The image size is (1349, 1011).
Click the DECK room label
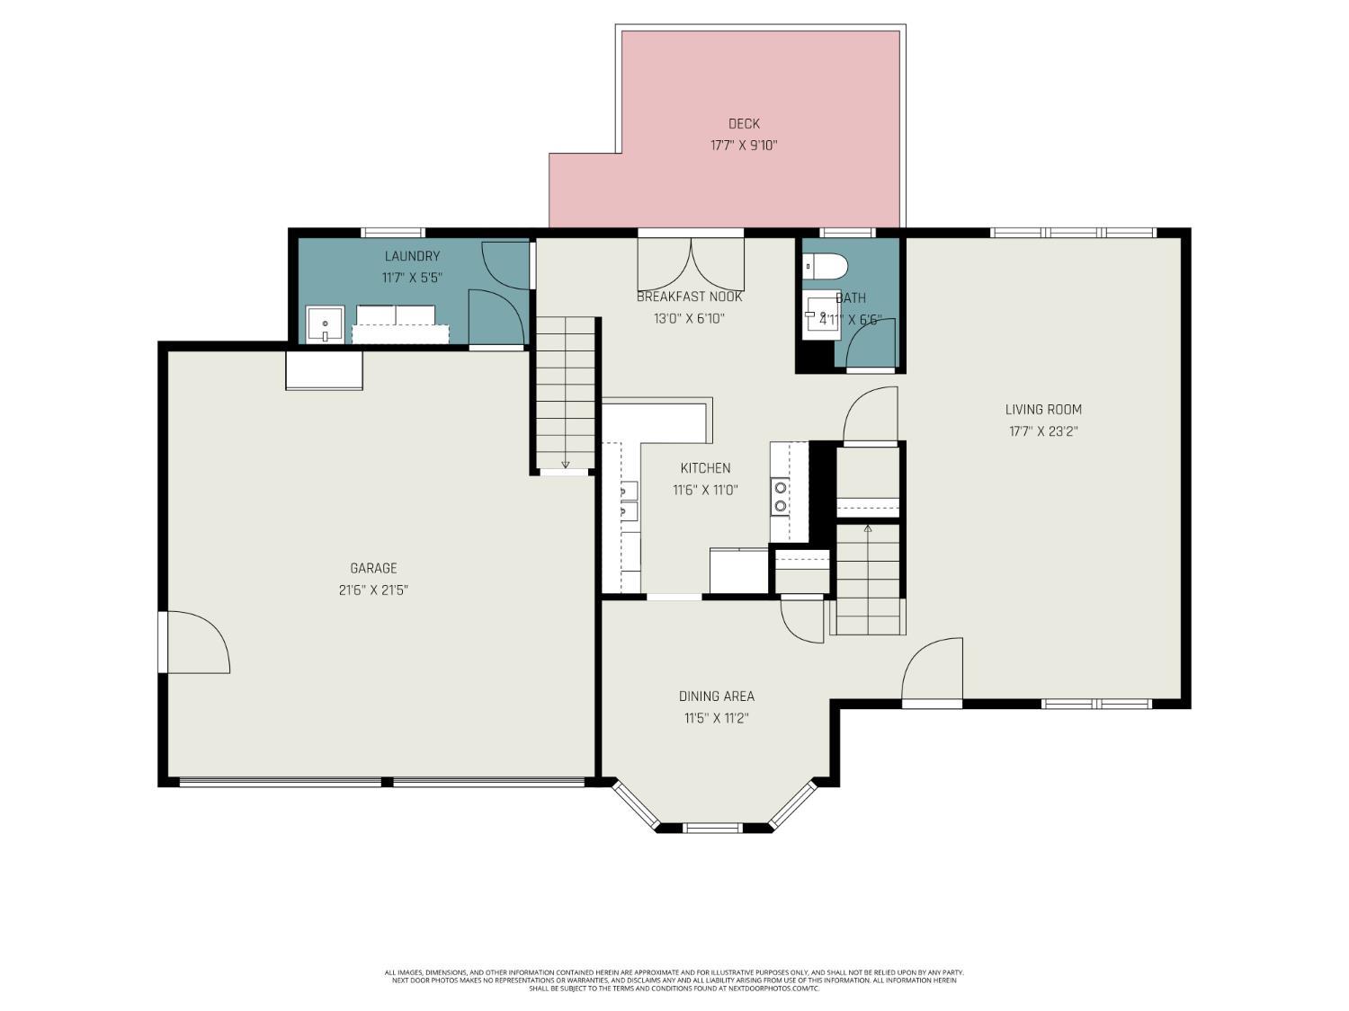[x=744, y=124]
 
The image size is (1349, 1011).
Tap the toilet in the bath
[x=826, y=266]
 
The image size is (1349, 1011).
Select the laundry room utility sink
[x=324, y=324]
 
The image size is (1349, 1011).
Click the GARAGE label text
[x=373, y=568]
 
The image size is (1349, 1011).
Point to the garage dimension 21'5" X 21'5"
[x=373, y=590]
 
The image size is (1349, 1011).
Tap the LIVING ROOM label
[x=1043, y=410]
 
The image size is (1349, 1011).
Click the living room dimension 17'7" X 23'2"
[x=1043, y=431]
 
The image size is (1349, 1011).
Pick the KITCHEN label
[x=705, y=468]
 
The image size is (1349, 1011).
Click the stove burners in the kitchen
[x=780, y=497]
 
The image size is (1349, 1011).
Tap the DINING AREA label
[x=716, y=696]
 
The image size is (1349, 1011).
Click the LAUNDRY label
[x=412, y=256]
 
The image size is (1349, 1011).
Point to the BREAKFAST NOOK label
[x=690, y=297]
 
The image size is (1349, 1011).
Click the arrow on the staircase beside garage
[x=566, y=463]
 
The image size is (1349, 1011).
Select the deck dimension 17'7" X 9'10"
[x=744, y=146]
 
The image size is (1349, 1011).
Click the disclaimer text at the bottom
[x=674, y=980]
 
